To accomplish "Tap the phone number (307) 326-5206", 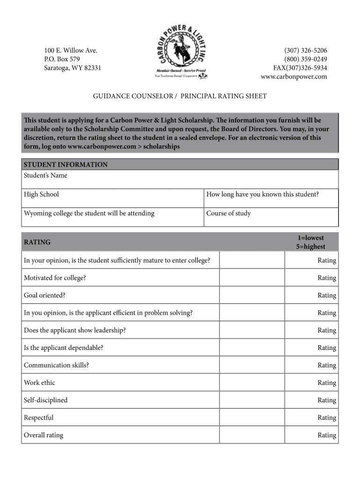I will pyautogui.click(x=305, y=51).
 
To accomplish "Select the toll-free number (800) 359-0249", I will pyautogui.click(x=305, y=59).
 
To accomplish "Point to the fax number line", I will pyautogui.click(x=300, y=68).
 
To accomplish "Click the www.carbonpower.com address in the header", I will pyautogui.click(x=294, y=77).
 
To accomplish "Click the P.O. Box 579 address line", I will pyautogui.click(x=62, y=59).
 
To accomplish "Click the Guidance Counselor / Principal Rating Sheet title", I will pyautogui.click(x=180, y=96).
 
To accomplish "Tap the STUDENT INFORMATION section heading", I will pyautogui.click(x=65, y=165).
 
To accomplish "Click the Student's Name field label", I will pyautogui.click(x=45, y=175).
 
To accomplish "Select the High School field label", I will pyautogui.click(x=42, y=194).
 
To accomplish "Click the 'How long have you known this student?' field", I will pyautogui.click(x=262, y=194).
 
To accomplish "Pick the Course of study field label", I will pyautogui.click(x=229, y=213).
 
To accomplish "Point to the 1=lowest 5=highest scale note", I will pyautogui.click(x=310, y=242).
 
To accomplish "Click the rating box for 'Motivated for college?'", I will pyautogui.click(x=252, y=278).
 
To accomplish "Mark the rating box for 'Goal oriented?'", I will pyautogui.click(x=252, y=295).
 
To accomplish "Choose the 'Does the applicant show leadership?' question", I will pyautogui.click(x=75, y=330).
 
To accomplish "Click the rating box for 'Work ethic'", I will pyautogui.click(x=252, y=383).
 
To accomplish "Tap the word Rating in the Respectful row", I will pyautogui.click(x=327, y=418).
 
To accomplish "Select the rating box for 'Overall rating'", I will pyautogui.click(x=252, y=435).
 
